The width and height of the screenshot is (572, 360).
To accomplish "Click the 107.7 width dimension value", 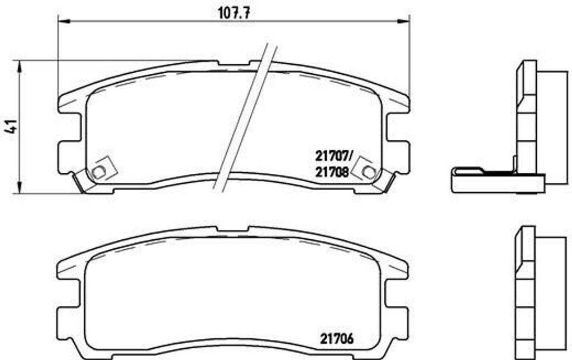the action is click(235, 13).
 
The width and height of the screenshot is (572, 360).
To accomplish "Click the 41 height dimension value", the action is click(12, 126).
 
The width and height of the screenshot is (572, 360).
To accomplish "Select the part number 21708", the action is click(332, 172).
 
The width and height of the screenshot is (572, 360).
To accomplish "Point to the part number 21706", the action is click(337, 339).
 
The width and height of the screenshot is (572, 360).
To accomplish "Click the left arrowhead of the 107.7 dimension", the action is click(64, 22).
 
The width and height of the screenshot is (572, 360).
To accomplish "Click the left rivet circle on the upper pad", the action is click(98, 171).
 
